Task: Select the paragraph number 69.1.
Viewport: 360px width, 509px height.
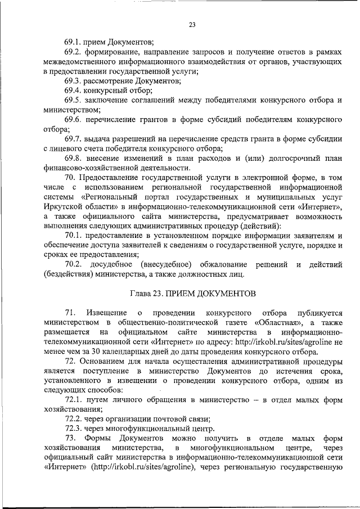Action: (73, 42)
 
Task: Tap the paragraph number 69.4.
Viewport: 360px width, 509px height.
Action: (73, 90)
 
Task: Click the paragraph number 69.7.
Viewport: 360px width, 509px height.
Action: (73, 138)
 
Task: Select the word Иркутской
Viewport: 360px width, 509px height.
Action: (64, 206)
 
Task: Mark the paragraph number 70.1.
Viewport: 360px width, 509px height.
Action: (73, 235)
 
